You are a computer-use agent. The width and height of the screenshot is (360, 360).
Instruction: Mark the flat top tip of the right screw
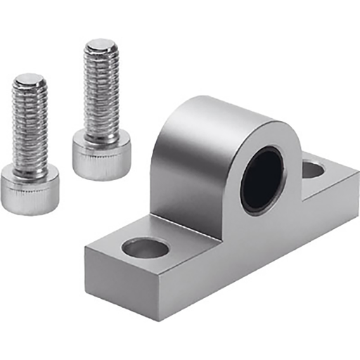coord(101,45)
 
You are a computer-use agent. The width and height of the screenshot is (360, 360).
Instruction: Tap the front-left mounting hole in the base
coord(145,247)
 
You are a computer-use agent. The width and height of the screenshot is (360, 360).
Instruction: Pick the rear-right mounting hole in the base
coord(314,169)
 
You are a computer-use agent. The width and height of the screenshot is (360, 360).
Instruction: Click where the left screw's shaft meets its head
coord(30,167)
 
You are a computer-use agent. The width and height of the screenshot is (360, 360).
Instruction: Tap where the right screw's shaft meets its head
coord(101,134)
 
